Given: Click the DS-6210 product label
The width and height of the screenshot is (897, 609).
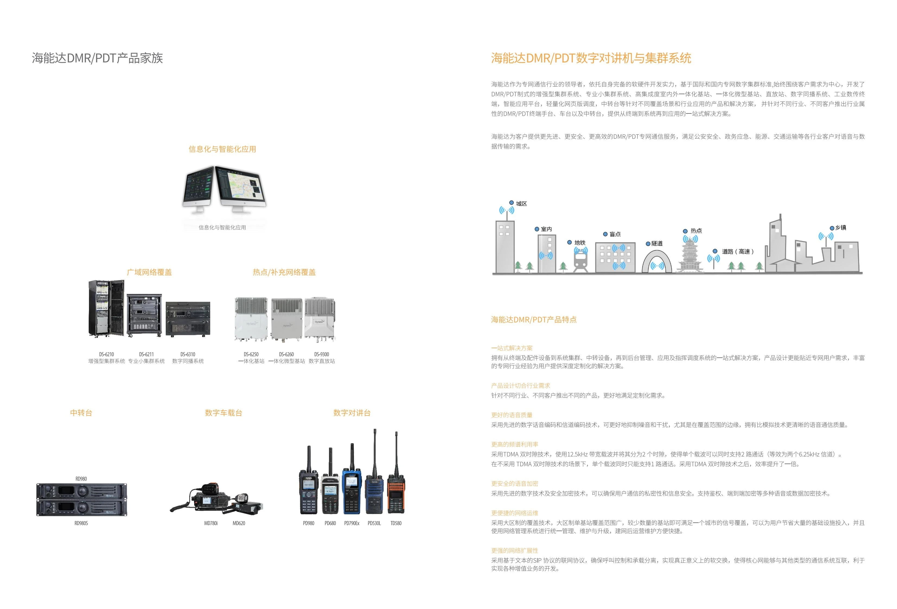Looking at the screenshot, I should tap(107, 354).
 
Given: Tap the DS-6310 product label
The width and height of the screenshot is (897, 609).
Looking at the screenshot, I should tap(188, 354).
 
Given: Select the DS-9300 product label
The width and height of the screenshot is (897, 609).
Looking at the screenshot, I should tap(321, 354).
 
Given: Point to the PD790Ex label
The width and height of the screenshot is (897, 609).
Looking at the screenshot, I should tap(352, 523).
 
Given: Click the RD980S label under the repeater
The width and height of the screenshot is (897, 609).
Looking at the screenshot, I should tap(81, 523).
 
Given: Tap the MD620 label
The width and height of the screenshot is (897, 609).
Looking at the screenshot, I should tap(238, 523).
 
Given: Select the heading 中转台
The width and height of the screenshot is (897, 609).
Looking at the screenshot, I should tap(81, 413).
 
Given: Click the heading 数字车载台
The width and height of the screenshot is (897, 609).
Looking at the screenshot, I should tap(224, 413).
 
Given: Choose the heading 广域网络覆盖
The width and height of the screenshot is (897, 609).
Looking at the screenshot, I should tap(149, 272).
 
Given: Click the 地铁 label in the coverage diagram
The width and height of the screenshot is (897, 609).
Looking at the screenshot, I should tap(580, 243).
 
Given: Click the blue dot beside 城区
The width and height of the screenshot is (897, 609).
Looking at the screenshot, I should tap(511, 203).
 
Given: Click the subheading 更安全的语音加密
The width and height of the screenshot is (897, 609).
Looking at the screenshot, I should tap(515, 484).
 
